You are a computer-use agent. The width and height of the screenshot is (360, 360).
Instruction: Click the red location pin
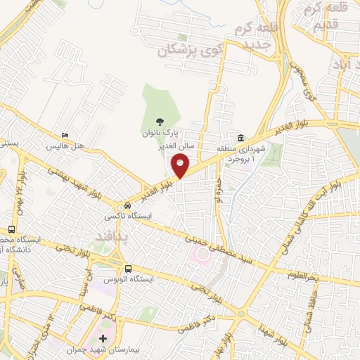[x=181, y=166]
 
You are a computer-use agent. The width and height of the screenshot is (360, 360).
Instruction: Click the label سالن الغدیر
[x=194, y=146]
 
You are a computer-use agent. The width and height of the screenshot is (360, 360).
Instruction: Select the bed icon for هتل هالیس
[x=65, y=136]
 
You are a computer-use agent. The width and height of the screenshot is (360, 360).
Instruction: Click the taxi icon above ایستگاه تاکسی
[x=127, y=205]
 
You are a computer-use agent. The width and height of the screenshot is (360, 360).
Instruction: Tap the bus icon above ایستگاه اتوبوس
[x=128, y=268]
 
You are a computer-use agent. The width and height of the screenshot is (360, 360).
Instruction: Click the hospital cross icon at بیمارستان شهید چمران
[x=103, y=338]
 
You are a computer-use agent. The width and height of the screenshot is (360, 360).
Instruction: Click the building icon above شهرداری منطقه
[x=241, y=136]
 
